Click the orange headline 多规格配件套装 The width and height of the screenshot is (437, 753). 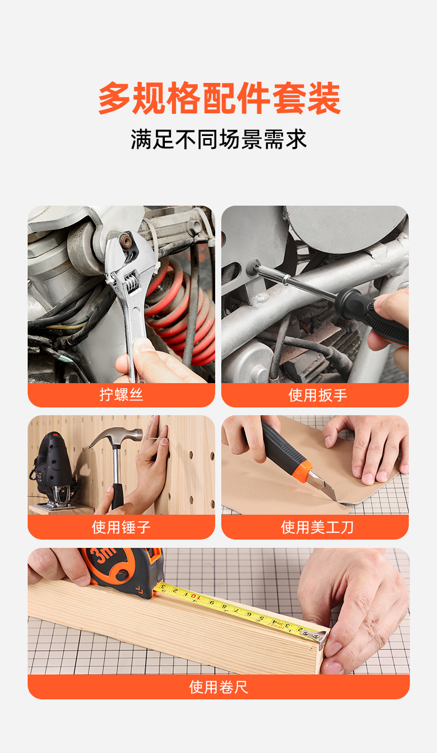click(x=219, y=98)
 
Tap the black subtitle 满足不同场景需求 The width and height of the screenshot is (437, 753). click(x=218, y=139)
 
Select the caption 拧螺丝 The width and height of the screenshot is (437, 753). click(x=121, y=394)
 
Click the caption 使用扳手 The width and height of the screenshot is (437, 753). click(x=318, y=395)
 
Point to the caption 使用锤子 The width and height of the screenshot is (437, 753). click(x=121, y=527)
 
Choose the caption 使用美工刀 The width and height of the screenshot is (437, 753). click(x=317, y=527)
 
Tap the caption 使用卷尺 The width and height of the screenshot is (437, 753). click(x=218, y=687)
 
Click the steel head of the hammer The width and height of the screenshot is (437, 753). click(x=116, y=435)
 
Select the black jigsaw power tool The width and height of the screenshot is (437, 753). click(x=53, y=470)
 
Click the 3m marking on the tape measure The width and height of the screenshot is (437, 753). click(x=105, y=555)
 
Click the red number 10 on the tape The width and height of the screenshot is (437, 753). click(x=195, y=597)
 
